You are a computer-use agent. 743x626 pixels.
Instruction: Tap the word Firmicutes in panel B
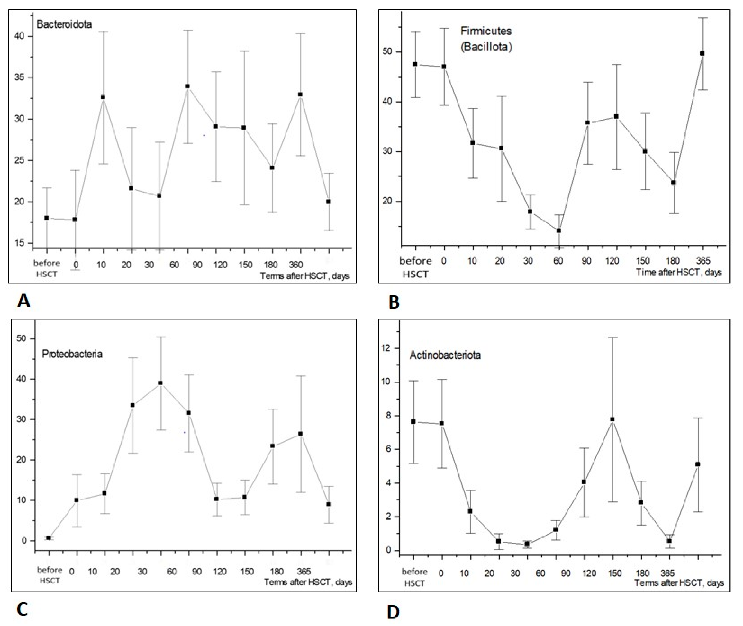[x=486, y=31]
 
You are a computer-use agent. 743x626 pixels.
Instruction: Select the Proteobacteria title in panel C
[x=72, y=354]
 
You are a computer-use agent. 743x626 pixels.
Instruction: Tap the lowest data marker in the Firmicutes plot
[x=559, y=230]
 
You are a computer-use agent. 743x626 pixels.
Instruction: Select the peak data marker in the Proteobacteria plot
[x=161, y=383]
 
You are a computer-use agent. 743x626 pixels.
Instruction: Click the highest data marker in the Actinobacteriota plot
[x=612, y=419]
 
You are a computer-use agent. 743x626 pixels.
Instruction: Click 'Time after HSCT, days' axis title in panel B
[x=679, y=272]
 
